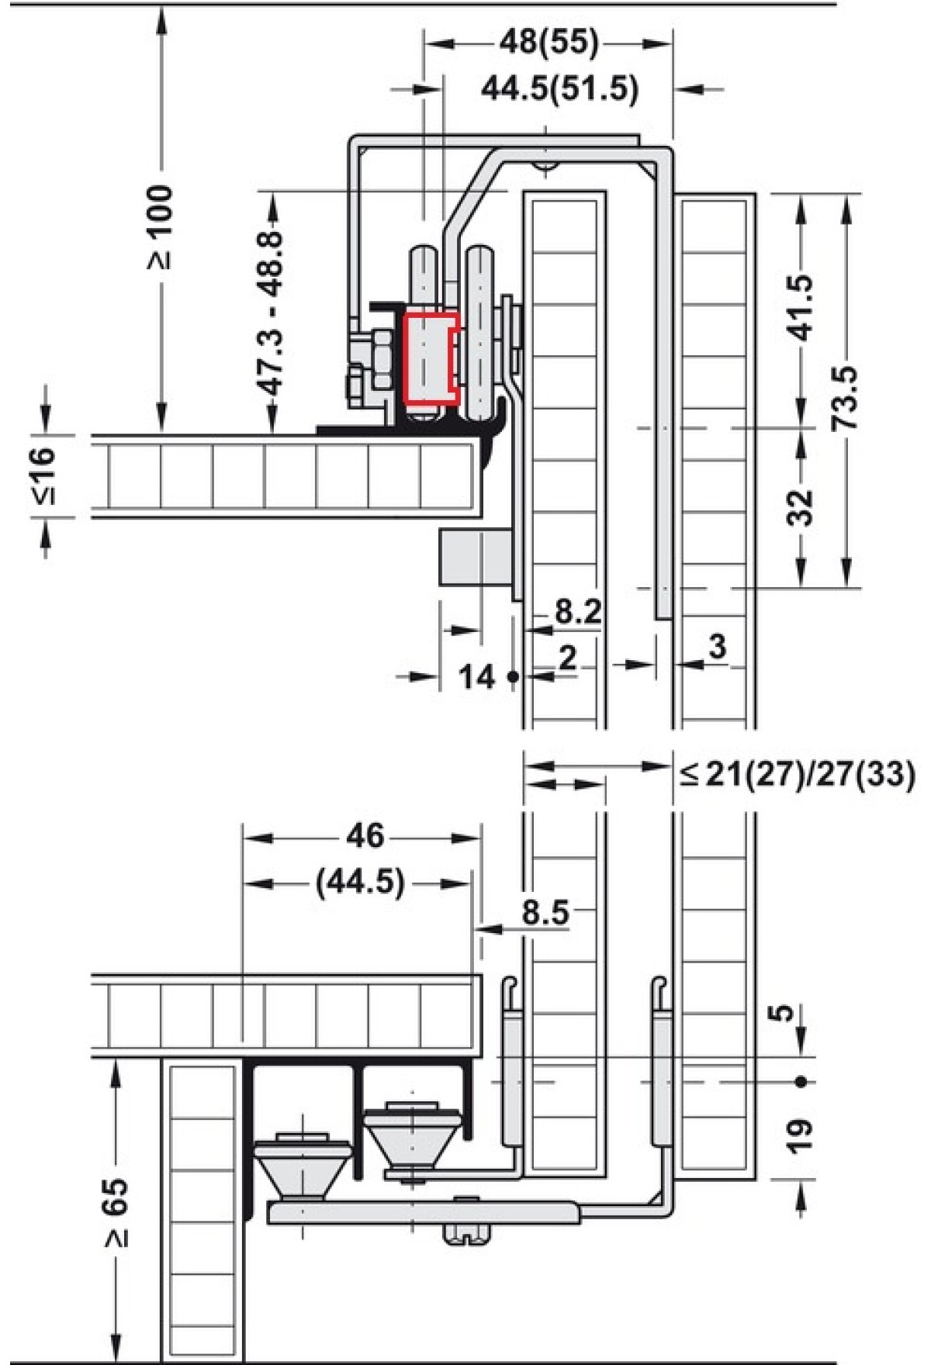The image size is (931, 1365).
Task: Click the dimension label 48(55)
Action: (549, 43)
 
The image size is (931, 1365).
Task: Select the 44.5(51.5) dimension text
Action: (560, 89)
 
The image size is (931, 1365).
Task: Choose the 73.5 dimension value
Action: (845, 398)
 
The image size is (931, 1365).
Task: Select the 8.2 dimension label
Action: (578, 612)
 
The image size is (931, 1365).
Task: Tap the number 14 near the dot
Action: (476, 677)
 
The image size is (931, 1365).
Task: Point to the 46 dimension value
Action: (365, 835)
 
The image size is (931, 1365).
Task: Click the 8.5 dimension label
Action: (545, 913)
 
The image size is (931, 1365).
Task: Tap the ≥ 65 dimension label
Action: (116, 1214)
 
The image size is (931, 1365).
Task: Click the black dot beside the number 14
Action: (512, 677)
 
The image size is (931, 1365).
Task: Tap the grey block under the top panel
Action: (475, 557)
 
